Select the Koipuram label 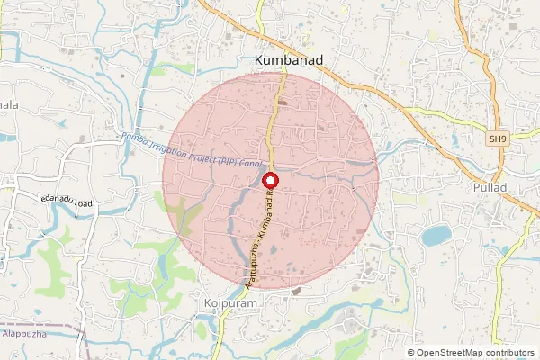(x=231, y=304)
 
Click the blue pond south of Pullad (x=436, y=235)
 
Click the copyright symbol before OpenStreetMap (x=410, y=352)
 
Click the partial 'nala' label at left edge (x=9, y=105)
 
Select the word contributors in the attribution (x=510, y=352)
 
